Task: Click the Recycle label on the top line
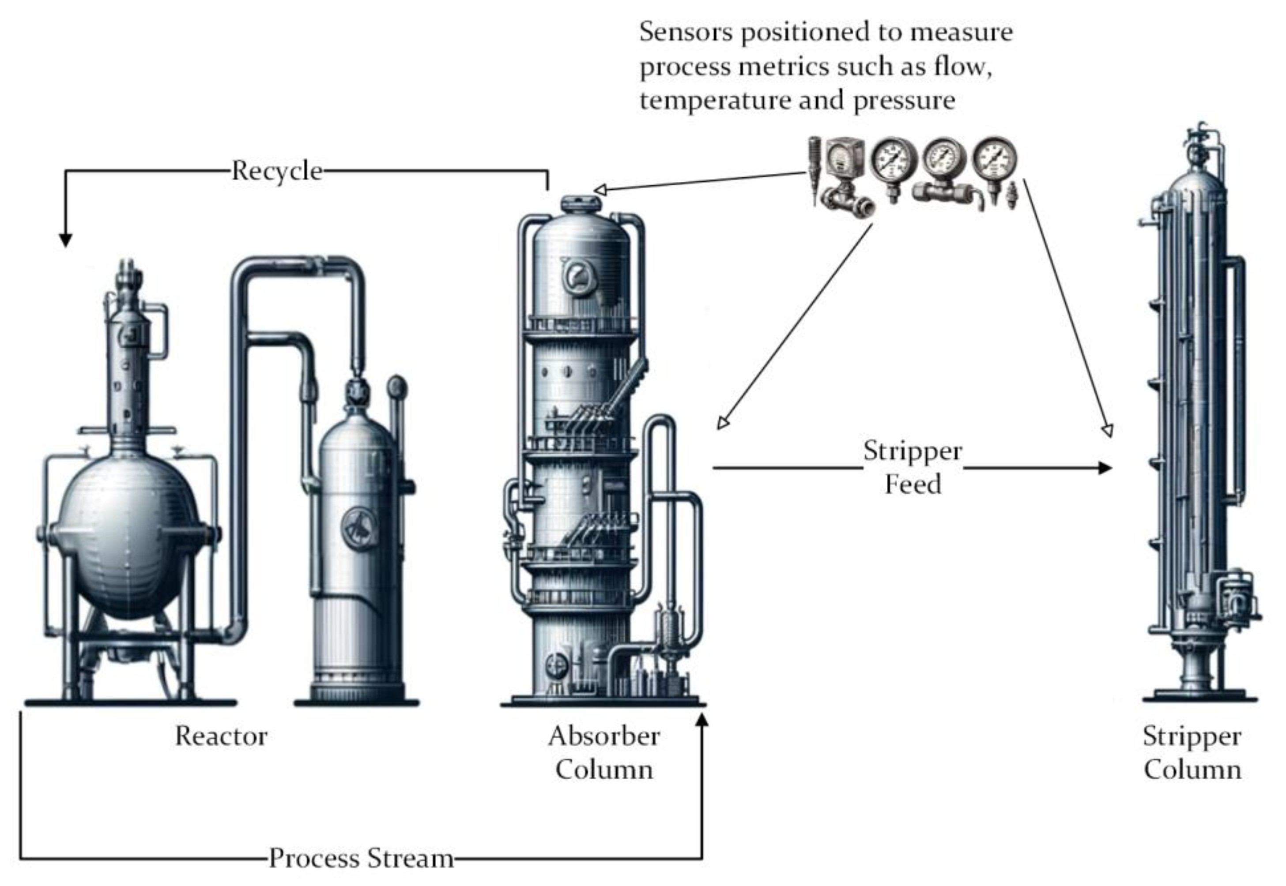pyautogui.click(x=276, y=171)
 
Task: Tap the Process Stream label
pyautogui.click(x=361, y=858)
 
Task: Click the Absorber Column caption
pyautogui.click(x=603, y=753)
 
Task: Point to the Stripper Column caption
pyautogui.click(x=1192, y=753)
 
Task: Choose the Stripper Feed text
pyautogui.click(x=913, y=467)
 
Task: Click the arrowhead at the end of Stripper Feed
pyautogui.click(x=1105, y=468)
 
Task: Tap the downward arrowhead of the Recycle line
pyautogui.click(x=65, y=240)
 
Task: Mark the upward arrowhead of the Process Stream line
pyautogui.click(x=702, y=720)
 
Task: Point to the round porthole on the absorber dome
pyautogui.click(x=578, y=276)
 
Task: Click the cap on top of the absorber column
pyautogui.click(x=581, y=203)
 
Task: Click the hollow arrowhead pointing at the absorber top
pyautogui.click(x=599, y=190)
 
